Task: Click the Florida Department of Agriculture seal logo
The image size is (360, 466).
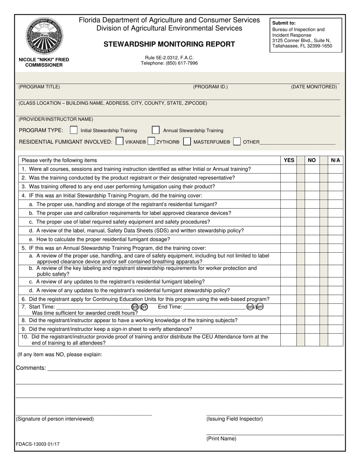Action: coord(44,36)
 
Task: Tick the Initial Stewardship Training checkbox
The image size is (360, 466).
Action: coord(74,130)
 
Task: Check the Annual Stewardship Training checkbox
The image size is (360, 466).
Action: coord(155,130)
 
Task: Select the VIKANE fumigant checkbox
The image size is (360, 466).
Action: coord(119,142)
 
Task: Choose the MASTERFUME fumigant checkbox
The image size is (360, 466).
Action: coord(186,142)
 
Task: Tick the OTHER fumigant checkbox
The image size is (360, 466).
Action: coord(237,142)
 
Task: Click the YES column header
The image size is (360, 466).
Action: coord(289,160)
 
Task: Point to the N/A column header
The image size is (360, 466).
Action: coord(335,160)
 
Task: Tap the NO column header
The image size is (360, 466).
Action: coord(311,160)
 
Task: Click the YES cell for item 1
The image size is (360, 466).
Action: coord(289,169)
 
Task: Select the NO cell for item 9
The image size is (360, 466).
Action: coord(311,329)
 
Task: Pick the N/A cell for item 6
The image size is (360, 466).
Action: coord(335,299)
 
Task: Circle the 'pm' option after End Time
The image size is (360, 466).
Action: coord(259,307)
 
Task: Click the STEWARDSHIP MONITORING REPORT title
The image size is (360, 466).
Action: coord(169,44)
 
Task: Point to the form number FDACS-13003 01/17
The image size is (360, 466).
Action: coord(38,444)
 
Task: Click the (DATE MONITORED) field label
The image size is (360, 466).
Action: coord(314,87)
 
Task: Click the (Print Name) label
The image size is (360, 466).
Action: coord(221,439)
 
